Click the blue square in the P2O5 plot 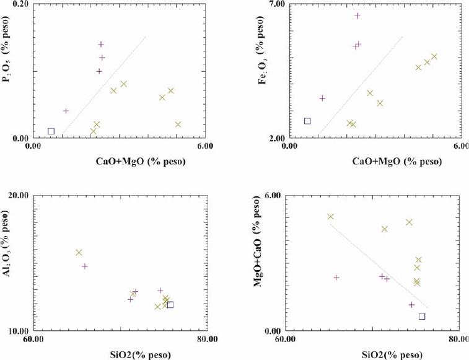(51, 131)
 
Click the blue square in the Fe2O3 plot (307, 121)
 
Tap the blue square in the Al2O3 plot (170, 305)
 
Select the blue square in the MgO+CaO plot (422, 316)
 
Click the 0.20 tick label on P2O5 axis (22, 5)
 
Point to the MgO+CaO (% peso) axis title (263, 263)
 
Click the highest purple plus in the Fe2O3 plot (357, 15)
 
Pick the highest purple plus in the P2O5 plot (101, 44)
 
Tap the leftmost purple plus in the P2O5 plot (66, 111)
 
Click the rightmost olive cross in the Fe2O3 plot (434, 56)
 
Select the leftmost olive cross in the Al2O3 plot (79, 252)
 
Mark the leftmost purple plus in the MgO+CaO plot (336, 278)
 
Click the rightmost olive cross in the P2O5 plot (178, 125)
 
